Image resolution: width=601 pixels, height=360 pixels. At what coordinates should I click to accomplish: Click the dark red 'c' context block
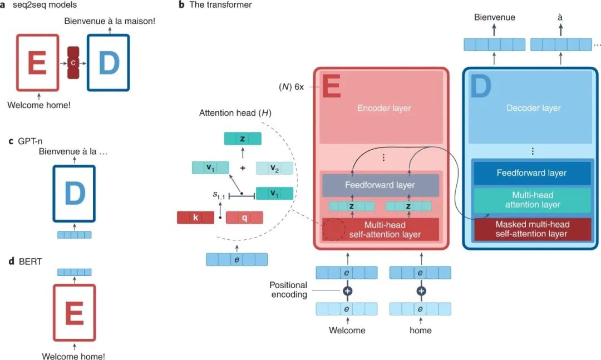pyautogui.click(x=73, y=63)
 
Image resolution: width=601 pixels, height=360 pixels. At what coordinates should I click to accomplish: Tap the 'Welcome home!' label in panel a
pyautogui.click(x=39, y=105)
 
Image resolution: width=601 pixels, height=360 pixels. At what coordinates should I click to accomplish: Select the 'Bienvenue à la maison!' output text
pyautogui.click(x=110, y=21)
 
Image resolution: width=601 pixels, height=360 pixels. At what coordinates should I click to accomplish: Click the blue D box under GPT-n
pyautogui.click(x=74, y=194)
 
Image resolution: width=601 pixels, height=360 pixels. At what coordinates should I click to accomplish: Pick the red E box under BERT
pyautogui.click(x=74, y=313)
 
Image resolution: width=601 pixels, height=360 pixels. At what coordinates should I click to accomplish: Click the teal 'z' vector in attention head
pyautogui.click(x=243, y=139)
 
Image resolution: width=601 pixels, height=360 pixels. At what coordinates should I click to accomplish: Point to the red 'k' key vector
pyautogui.click(x=195, y=218)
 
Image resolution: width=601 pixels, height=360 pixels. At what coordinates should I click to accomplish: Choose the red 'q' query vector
pyautogui.click(x=244, y=218)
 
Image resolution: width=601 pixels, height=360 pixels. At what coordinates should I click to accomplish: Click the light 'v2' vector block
pyautogui.click(x=274, y=168)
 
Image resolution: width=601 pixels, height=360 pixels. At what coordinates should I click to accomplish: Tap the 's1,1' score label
pyautogui.click(x=219, y=195)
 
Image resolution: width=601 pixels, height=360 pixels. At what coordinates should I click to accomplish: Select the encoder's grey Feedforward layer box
pyautogui.click(x=380, y=185)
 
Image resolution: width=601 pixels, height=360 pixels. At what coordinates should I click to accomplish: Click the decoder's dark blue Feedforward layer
pyautogui.click(x=531, y=173)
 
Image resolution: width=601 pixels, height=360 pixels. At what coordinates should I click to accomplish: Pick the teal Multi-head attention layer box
pyautogui.click(x=533, y=200)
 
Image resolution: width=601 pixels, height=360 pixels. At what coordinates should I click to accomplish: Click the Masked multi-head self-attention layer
pyautogui.click(x=533, y=229)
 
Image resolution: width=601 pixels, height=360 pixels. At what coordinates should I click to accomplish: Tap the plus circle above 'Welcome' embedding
pyautogui.click(x=348, y=291)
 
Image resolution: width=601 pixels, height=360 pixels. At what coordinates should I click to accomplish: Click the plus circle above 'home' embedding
pyautogui.click(x=421, y=291)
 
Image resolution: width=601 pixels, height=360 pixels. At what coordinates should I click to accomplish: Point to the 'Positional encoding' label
pyautogui.click(x=289, y=290)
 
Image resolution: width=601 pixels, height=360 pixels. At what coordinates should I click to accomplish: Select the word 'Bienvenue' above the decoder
pyautogui.click(x=495, y=17)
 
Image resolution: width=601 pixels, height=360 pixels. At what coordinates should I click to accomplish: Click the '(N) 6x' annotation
pyautogui.click(x=291, y=87)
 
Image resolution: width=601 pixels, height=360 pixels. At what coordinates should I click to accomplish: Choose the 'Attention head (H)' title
pyautogui.click(x=235, y=113)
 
